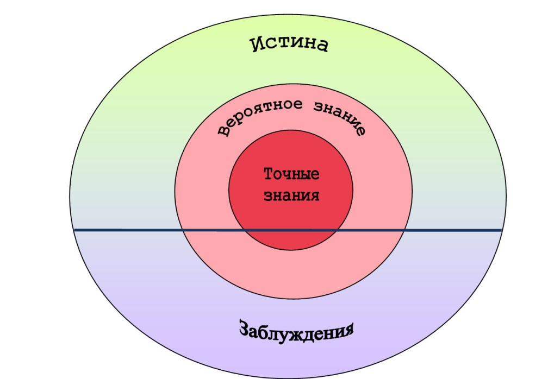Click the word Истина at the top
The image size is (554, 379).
tap(290, 45)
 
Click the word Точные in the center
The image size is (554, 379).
tap(291, 174)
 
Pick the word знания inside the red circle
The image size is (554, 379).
tap(291, 195)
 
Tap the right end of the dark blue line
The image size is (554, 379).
tap(500, 231)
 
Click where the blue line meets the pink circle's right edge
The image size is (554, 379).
tap(405, 231)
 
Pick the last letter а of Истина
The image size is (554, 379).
tap(322, 46)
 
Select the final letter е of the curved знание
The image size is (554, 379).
tap(359, 131)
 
